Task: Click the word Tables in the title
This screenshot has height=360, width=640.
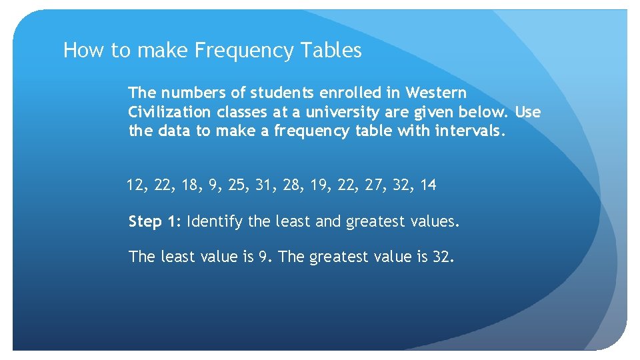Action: [x=331, y=51]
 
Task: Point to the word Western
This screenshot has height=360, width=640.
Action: [x=436, y=92]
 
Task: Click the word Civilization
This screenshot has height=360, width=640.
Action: [x=169, y=111]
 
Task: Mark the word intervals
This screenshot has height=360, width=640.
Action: [x=470, y=131]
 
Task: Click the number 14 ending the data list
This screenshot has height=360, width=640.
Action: [x=429, y=185]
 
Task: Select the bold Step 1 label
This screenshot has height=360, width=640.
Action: [x=155, y=221]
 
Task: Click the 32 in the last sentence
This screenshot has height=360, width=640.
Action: [x=442, y=257]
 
